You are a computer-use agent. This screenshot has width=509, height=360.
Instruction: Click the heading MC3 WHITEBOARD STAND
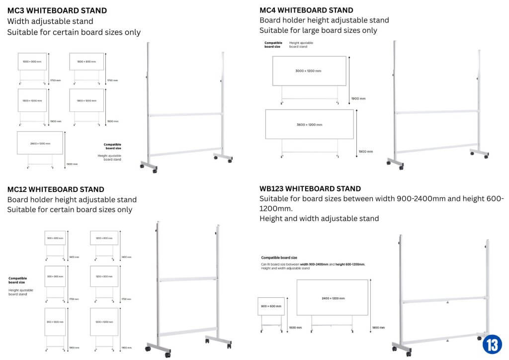coord(57,10)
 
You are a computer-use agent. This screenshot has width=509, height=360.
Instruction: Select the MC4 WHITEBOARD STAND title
coord(306,10)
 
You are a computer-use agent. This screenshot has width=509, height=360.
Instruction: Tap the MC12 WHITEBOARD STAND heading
coord(56,189)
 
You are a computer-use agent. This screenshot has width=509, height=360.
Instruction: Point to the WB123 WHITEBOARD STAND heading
coord(310,189)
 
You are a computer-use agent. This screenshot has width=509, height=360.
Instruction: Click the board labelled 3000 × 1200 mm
coord(309,71)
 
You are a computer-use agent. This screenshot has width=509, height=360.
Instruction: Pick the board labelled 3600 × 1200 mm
coord(309,124)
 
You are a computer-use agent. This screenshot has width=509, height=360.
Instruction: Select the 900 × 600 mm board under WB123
coord(271,306)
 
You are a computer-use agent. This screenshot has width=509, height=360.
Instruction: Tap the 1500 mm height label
coord(281,328)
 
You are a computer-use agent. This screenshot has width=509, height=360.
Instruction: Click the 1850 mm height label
coord(378,328)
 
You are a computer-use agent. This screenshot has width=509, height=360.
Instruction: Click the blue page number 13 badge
coord(492,344)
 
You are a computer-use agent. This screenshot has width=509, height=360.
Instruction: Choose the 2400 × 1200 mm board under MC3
coord(40,143)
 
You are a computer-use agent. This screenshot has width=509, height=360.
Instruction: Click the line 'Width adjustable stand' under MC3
coord(50,21)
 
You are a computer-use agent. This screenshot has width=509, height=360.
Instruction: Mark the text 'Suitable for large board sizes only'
coord(318,30)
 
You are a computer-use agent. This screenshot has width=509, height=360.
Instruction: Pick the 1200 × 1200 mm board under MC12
coord(104,322)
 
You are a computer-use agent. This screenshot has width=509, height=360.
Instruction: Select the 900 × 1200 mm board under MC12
coord(55,322)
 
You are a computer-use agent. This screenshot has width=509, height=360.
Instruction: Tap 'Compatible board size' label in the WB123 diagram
coord(279,258)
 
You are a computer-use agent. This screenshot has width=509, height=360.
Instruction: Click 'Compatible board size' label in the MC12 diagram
coord(18,280)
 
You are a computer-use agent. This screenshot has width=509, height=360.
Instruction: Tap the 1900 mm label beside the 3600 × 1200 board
coord(365,151)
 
